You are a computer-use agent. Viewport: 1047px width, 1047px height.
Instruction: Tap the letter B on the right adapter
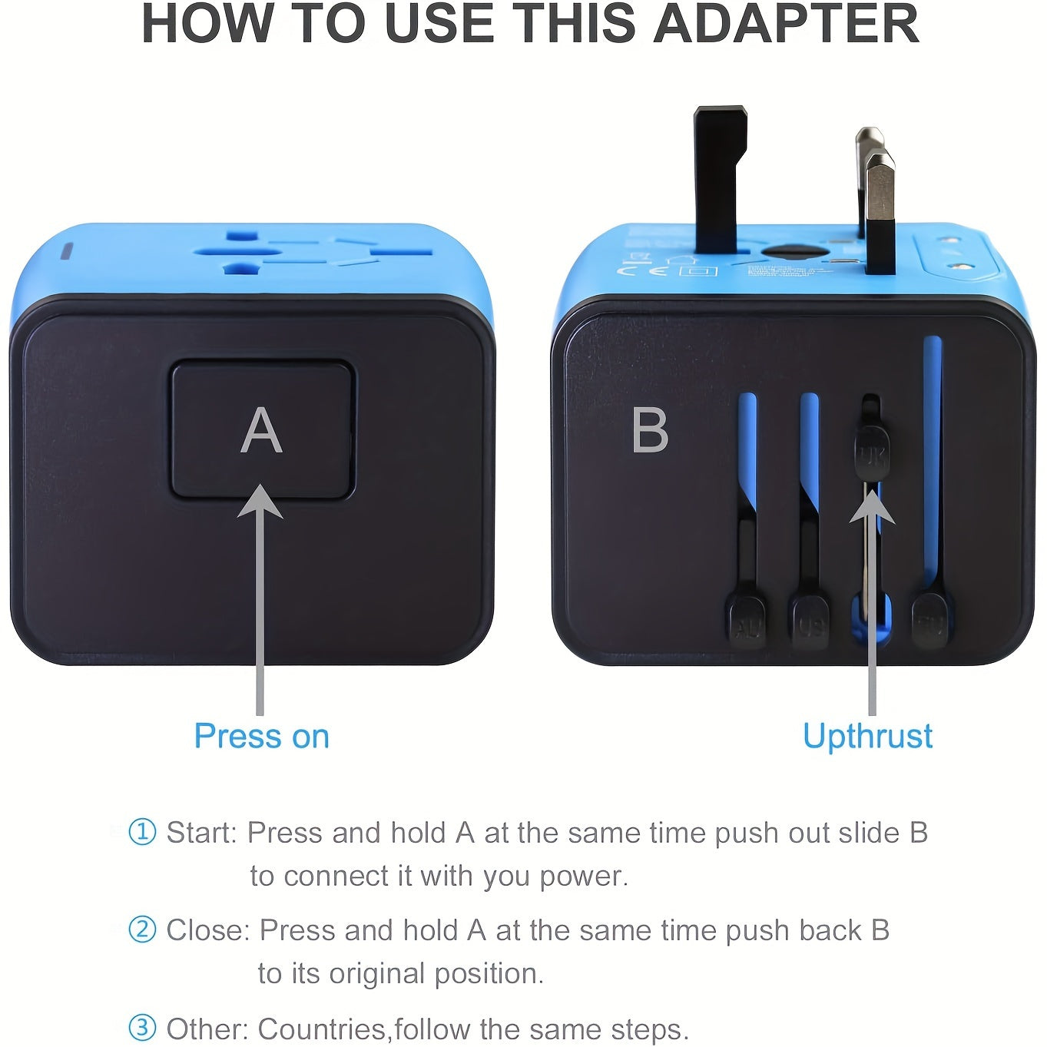point(650,431)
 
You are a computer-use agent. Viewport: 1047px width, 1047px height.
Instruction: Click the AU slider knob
point(747,624)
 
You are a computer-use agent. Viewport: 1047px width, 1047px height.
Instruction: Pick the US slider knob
point(810,624)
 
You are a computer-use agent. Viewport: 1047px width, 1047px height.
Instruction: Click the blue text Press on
point(261,736)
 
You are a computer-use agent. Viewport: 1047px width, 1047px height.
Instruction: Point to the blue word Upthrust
point(867,736)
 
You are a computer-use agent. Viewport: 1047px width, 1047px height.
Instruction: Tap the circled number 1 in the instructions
point(142,832)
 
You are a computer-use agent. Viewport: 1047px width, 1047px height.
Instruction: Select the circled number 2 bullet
point(142,929)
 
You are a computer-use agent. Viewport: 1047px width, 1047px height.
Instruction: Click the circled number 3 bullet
point(142,1028)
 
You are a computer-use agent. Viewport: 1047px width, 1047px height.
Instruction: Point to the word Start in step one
point(202,833)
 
